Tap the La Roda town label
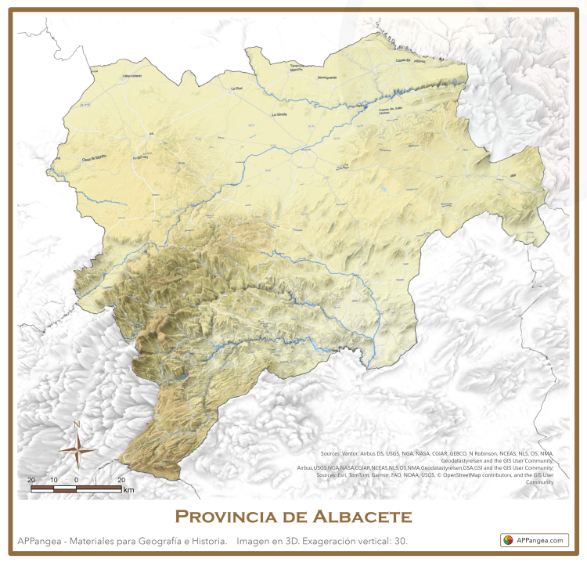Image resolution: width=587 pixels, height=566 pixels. click(237, 89)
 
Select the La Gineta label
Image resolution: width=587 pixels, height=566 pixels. click(279, 114)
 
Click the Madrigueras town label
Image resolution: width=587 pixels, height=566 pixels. click(326, 78)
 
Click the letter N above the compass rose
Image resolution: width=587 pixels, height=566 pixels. click(77, 425)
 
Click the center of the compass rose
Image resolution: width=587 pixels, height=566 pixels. click(77, 450)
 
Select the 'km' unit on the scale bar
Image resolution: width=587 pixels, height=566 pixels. click(128, 490)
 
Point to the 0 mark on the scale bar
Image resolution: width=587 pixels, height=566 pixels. click(76, 479)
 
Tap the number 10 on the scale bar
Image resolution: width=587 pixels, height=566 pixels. click(53, 479)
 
